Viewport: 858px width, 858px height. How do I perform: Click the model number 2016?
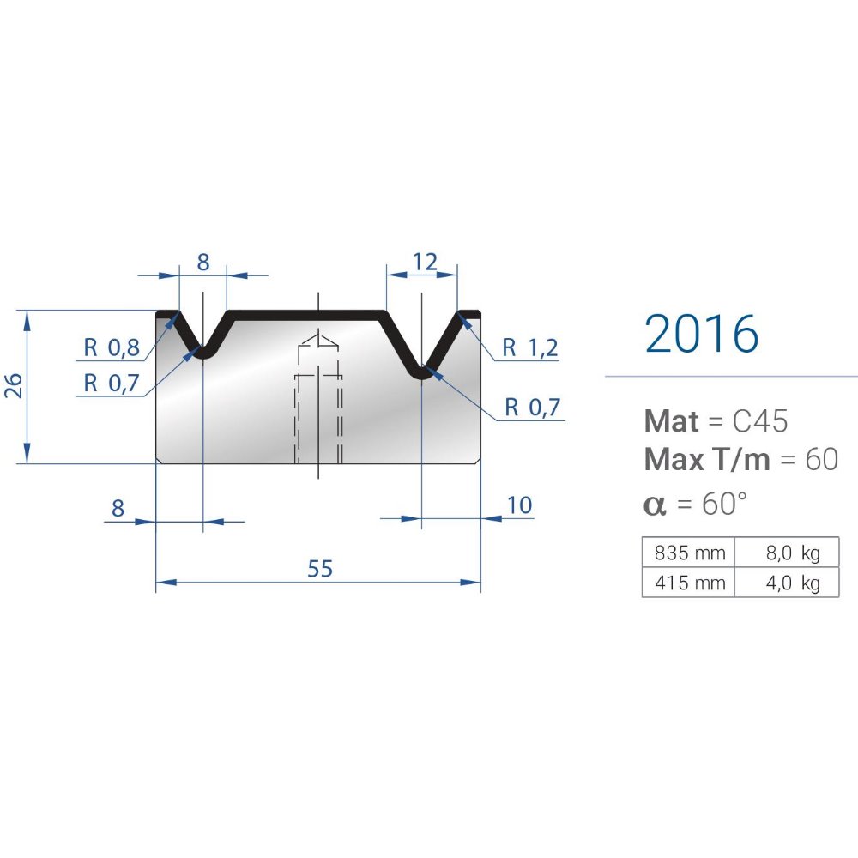[x=702, y=333]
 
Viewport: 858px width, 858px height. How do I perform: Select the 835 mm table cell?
[x=688, y=553]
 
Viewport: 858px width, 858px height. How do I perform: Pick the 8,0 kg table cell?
[x=787, y=553]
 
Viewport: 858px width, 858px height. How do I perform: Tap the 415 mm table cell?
[x=688, y=583]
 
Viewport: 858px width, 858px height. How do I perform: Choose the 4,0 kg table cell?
[x=787, y=583]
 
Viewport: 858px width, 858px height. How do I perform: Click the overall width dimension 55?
[x=320, y=569]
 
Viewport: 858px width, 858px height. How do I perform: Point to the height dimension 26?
[x=13, y=385]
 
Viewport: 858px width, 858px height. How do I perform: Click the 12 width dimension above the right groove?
[x=426, y=262]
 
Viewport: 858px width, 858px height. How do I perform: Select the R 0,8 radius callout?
[x=111, y=347]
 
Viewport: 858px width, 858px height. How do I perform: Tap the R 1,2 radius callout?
[x=530, y=347]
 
